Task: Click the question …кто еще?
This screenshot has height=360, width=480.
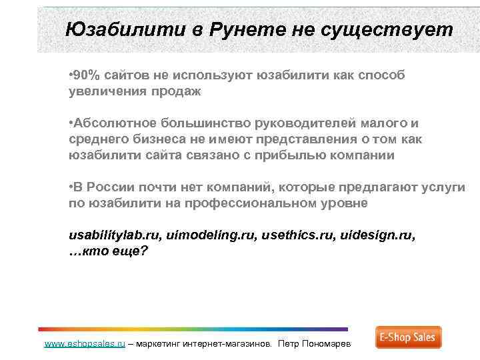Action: coord(108,252)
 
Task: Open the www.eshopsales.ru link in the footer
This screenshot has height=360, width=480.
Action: coord(84,344)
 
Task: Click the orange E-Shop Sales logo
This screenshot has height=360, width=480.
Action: coord(407,337)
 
